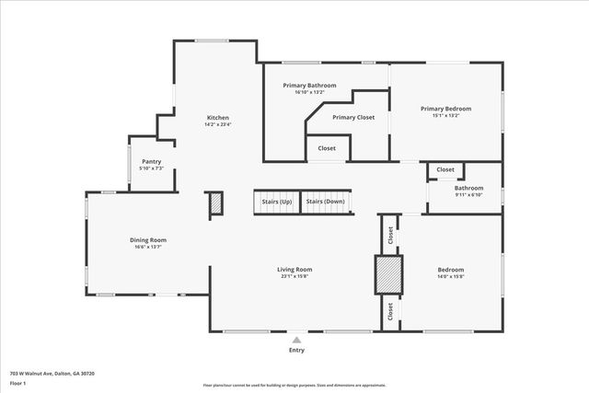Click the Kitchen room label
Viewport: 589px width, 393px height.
pyautogui.click(x=217, y=118)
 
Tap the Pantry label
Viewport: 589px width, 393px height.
pyautogui.click(x=151, y=161)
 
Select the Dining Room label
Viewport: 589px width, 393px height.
pyautogui.click(x=148, y=240)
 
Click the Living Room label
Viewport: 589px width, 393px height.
pyautogui.click(x=294, y=270)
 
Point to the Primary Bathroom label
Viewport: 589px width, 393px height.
pyautogui.click(x=309, y=85)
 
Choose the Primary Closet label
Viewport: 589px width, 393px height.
pyautogui.click(x=353, y=118)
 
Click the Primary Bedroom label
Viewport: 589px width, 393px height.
pyautogui.click(x=445, y=109)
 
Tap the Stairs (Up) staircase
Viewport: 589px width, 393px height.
pyautogui.click(x=277, y=201)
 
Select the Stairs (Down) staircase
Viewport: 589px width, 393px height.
pyautogui.click(x=325, y=201)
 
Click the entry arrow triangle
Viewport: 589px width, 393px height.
pyautogui.click(x=296, y=340)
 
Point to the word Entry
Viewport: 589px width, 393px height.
pyautogui.click(x=296, y=350)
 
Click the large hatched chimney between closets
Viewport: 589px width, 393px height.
pyautogui.click(x=387, y=274)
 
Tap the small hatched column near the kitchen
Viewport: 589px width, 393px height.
pyautogui.click(x=215, y=203)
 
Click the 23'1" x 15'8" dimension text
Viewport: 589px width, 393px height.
pyautogui.click(x=294, y=276)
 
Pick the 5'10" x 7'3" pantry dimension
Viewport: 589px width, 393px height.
pyautogui.click(x=151, y=168)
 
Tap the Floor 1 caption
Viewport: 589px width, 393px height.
pyautogui.click(x=19, y=383)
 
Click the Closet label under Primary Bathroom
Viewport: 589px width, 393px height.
pyautogui.click(x=327, y=148)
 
